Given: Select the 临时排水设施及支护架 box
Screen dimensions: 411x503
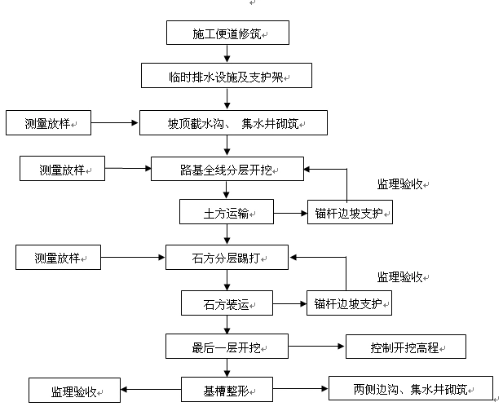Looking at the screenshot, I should click(227, 77).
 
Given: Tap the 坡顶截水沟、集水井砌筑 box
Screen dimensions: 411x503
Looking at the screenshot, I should click(234, 123).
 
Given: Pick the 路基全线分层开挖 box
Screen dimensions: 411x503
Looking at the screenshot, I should click(227, 170).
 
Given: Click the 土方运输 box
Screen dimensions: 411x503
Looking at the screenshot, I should click(227, 214).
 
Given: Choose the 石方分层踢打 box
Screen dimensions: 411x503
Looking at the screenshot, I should click(227, 259).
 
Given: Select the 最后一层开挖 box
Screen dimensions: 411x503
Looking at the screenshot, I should click(227, 347).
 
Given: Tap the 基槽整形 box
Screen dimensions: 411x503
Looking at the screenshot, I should click(227, 390).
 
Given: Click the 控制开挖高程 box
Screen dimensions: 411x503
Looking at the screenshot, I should click(406, 347).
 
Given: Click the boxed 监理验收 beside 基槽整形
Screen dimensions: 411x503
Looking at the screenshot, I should click(74, 390).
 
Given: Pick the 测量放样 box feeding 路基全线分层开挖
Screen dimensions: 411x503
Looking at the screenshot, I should click(62, 170).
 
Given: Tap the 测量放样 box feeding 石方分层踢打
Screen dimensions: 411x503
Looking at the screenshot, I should click(57, 259).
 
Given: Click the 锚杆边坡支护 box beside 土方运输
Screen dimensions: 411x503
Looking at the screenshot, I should click(350, 214).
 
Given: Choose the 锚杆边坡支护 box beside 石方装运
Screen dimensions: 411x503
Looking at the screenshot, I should click(350, 303).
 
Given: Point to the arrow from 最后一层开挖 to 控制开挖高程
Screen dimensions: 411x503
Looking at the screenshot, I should click(316, 347).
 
